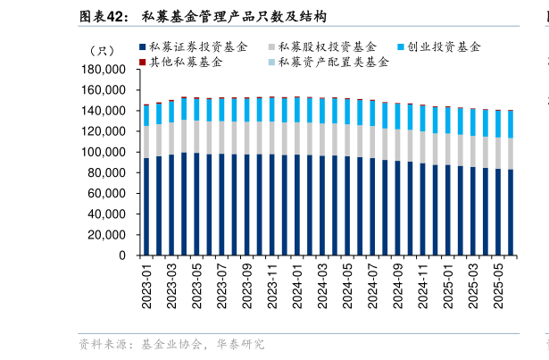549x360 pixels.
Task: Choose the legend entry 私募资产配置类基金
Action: tap(333, 62)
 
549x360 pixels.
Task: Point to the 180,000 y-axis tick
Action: tap(103, 70)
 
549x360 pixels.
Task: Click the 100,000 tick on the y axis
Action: tap(103, 152)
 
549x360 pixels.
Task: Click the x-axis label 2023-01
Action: tap(146, 284)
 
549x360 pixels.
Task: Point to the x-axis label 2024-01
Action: tap(297, 284)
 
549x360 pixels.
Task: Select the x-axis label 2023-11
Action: tap(272, 284)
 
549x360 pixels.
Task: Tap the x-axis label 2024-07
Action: tap(372, 284)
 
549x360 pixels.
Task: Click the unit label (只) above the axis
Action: tap(101, 49)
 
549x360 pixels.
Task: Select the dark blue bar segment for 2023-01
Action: tap(146, 206)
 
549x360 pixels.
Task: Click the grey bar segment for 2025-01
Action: tap(447, 150)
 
